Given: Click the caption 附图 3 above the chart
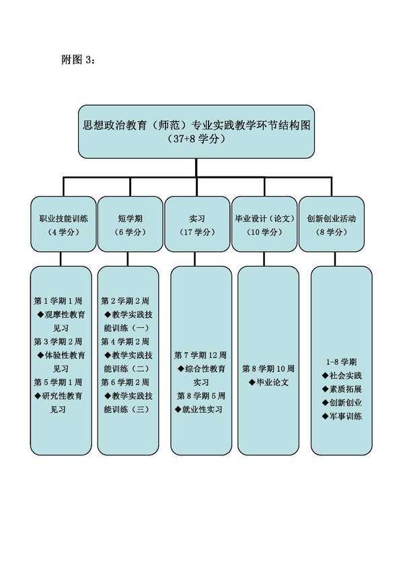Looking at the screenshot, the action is click(78, 59).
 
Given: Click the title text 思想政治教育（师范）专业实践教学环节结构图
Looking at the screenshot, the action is click(196, 125).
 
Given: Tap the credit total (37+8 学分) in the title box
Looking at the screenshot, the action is click(196, 139).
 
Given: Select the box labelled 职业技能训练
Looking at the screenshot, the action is click(63, 224).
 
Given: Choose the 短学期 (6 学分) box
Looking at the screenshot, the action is click(131, 224).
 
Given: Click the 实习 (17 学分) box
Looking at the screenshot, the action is click(197, 224).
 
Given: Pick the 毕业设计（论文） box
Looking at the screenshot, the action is click(264, 224).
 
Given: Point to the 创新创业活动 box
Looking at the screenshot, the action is click(331, 224).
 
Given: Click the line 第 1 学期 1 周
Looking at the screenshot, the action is click(58, 301).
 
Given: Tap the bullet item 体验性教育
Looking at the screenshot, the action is click(61, 355).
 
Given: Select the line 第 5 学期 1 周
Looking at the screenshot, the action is click(58, 382).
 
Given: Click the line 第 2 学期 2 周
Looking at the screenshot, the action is click(125, 301).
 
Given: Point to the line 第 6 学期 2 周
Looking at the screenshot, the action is click(125, 382).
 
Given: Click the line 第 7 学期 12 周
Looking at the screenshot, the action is click(200, 355).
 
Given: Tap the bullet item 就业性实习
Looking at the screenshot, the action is click(198, 409).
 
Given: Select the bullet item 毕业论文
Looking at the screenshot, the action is click(269, 382).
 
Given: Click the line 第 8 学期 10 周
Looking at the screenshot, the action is click(268, 368).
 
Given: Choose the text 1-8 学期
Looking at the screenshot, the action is click(341, 362).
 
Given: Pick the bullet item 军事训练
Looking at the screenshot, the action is click(342, 416).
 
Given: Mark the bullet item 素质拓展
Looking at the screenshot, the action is click(342, 389).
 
